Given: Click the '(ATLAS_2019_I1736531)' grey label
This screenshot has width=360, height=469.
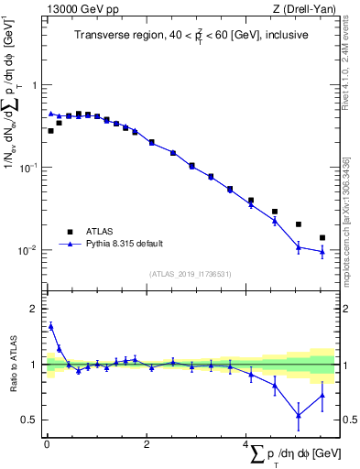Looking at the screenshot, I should pyautogui.click(x=190, y=274).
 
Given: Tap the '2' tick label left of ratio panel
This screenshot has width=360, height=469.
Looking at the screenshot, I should pyautogui.click(x=33, y=309).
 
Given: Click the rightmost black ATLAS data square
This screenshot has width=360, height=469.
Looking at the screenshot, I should pyautogui.click(x=322, y=237).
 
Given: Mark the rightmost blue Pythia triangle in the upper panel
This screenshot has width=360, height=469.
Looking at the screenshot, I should pyautogui.click(x=322, y=252).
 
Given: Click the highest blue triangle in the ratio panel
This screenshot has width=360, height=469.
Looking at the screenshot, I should pyautogui.click(x=50, y=325).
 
